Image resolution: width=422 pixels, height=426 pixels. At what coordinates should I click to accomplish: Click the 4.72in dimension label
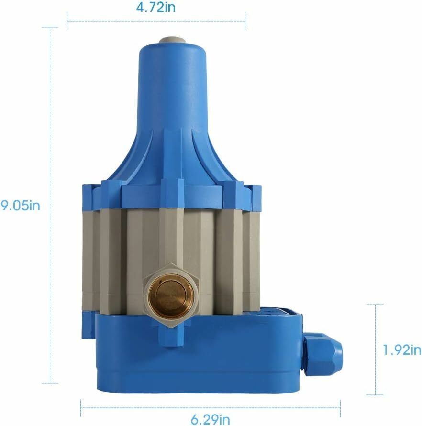(x=156, y=8)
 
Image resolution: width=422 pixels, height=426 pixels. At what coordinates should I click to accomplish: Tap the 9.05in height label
(x=21, y=206)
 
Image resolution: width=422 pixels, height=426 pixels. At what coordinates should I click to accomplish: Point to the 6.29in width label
(x=210, y=420)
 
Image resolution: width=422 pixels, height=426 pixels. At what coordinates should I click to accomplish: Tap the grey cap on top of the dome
(x=172, y=40)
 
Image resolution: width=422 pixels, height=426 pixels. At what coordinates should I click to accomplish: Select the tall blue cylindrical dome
(x=172, y=109)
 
